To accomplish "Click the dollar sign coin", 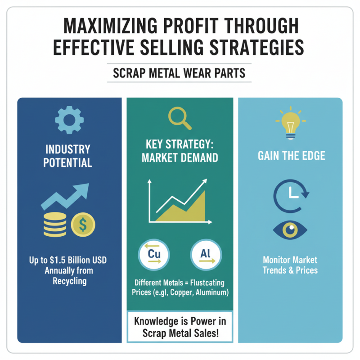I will [x=83, y=225].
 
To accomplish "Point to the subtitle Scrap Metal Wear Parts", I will [x=179, y=73].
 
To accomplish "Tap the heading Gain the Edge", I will [x=290, y=156].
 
